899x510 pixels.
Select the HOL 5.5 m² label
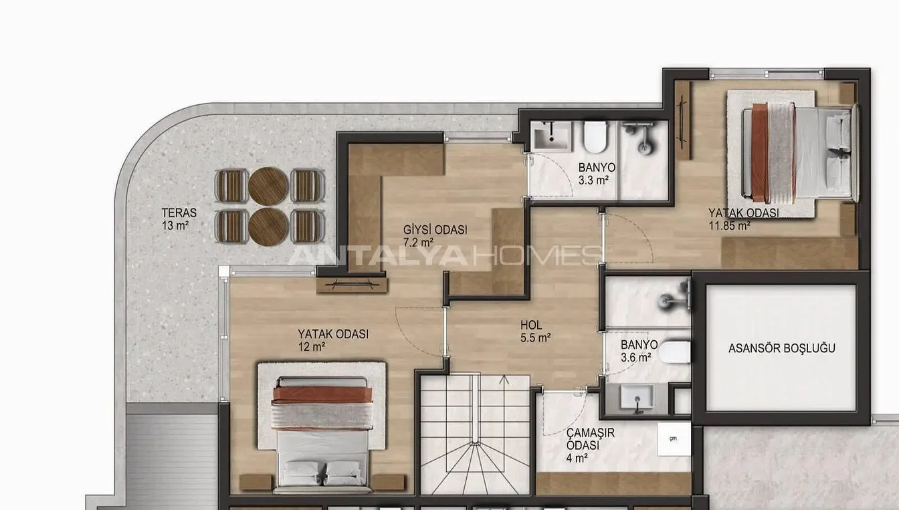[535, 331]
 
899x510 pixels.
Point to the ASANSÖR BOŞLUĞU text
[782, 348]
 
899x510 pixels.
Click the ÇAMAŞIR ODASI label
[591, 439]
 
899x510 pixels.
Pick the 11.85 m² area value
[730, 226]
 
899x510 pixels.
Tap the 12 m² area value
[312, 347]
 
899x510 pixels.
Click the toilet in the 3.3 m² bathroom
[595, 137]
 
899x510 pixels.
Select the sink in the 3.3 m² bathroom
[552, 136]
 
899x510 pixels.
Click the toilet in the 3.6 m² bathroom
[675, 352]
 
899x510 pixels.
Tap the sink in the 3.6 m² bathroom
[637, 397]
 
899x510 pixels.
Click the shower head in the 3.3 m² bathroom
[641, 137]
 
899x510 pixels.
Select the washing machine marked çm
[674, 438]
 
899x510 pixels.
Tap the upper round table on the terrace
[268, 186]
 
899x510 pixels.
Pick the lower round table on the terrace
[268, 227]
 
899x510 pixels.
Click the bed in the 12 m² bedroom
[322, 434]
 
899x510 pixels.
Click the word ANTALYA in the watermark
[378, 256]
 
